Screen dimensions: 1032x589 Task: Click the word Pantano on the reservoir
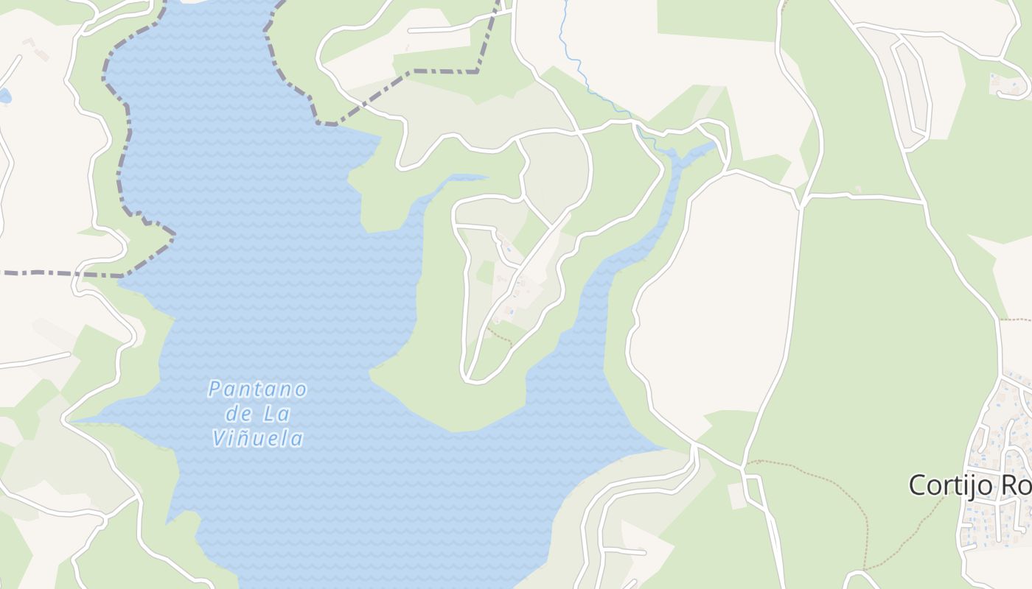pos(257,389)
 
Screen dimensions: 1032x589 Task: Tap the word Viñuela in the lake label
pos(257,439)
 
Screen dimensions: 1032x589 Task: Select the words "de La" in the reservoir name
pos(257,414)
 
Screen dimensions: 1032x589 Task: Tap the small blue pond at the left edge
pos(4,96)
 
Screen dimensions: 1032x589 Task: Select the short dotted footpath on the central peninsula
pos(500,336)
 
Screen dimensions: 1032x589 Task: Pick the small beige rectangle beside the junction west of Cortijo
pos(737,495)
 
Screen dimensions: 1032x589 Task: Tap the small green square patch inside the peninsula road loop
pos(485,272)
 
